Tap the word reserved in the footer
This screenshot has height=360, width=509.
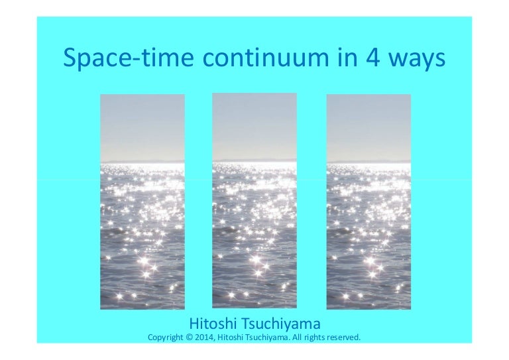[x=340, y=337]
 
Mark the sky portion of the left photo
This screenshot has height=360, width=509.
[x=142, y=126]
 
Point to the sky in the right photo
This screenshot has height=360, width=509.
[x=368, y=126]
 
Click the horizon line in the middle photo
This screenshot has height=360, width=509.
[x=254, y=161]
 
